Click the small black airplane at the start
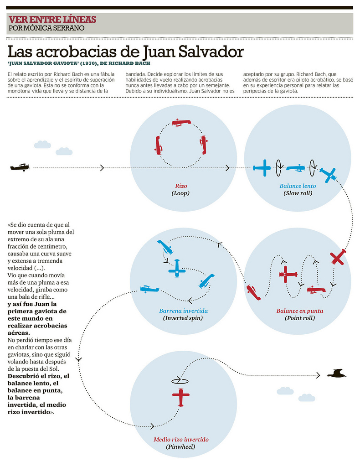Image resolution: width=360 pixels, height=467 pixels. coord(20,167)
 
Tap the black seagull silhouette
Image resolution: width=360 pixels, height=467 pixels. coord(337,374)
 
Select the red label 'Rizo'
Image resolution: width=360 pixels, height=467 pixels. coord(181,186)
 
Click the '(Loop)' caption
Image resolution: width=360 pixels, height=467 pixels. coord(180,193)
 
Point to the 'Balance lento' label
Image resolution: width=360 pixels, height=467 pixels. coord(298,186)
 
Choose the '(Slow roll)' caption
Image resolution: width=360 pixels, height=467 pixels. coord(298,193)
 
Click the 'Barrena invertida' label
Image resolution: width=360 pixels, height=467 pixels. coord(183,311)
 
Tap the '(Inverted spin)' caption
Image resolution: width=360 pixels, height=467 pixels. coord(183,318)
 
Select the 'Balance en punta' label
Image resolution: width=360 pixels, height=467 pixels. coord(299,311)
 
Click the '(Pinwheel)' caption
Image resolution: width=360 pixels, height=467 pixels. coord(180,446)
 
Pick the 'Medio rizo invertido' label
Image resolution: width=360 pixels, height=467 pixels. coord(181,440)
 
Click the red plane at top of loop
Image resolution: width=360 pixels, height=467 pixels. coord(181,123)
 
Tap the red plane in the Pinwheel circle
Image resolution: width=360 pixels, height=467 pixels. coord(181,397)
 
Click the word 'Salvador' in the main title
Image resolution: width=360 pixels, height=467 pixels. coord(210,51)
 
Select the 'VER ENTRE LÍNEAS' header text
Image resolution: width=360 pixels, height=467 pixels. coord(52,19)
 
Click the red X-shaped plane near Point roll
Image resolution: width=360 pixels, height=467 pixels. coord(338,257)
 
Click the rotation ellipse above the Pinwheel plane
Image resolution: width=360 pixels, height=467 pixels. coord(180,380)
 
